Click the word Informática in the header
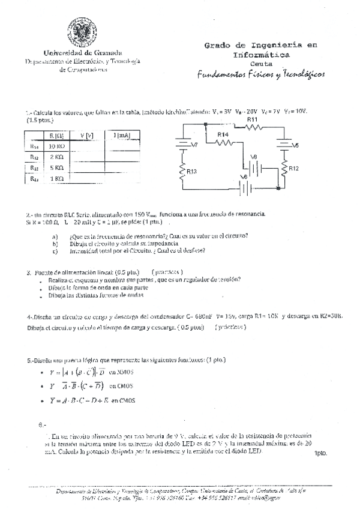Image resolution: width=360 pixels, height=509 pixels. (x=260, y=55)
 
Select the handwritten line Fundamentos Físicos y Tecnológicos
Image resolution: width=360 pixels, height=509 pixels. (x=260, y=74)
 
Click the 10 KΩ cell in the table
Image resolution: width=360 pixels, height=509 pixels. (x=56, y=146)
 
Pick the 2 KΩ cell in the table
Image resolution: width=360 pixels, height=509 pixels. (x=56, y=157)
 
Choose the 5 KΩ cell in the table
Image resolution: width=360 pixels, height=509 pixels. (x=56, y=168)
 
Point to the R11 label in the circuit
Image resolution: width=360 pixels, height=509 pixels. (x=252, y=120)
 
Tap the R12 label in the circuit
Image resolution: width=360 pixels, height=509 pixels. (x=293, y=169)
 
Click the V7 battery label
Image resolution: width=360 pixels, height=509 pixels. (x=194, y=145)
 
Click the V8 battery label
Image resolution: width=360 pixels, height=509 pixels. (x=253, y=157)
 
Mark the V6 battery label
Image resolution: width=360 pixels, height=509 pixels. (x=243, y=176)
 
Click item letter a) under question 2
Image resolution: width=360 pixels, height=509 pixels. (x=55, y=236)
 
